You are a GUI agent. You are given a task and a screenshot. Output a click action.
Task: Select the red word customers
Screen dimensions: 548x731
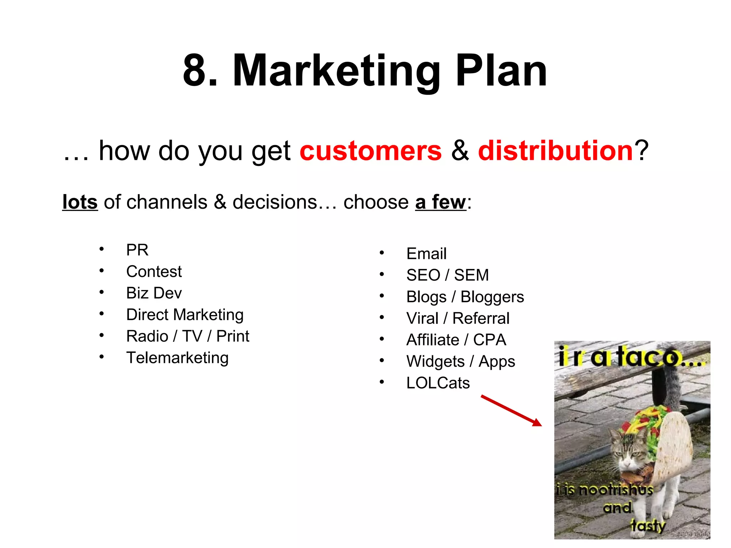pos(370,151)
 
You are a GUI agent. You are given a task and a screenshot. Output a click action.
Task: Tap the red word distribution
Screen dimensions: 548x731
pos(555,151)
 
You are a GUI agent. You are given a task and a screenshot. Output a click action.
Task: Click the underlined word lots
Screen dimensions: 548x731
pos(80,202)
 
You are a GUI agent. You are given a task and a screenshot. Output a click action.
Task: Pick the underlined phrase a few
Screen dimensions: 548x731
pos(440,202)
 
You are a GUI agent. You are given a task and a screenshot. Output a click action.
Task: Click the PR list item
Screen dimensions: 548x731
pos(137,250)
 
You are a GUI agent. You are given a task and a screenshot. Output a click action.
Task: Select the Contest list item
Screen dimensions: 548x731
pos(154,272)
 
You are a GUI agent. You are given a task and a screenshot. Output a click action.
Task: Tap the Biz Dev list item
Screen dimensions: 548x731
pos(154,293)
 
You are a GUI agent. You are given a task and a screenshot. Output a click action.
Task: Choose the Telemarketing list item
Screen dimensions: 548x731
pos(177,357)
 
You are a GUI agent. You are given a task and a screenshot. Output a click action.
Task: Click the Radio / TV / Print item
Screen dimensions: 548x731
pos(187,336)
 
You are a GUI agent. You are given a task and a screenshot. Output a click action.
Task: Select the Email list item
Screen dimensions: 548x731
pos(426,254)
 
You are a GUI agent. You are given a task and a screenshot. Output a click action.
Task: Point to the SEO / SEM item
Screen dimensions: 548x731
pos(447,275)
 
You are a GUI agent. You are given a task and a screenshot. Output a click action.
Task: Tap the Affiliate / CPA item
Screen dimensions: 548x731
pos(456,340)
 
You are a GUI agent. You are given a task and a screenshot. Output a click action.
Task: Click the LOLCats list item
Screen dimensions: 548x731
pos(438,383)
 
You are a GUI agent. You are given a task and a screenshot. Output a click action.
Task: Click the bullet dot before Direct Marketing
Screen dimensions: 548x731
pos(102,314)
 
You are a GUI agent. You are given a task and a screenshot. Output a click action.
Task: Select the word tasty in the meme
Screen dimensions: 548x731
pos(648,526)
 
